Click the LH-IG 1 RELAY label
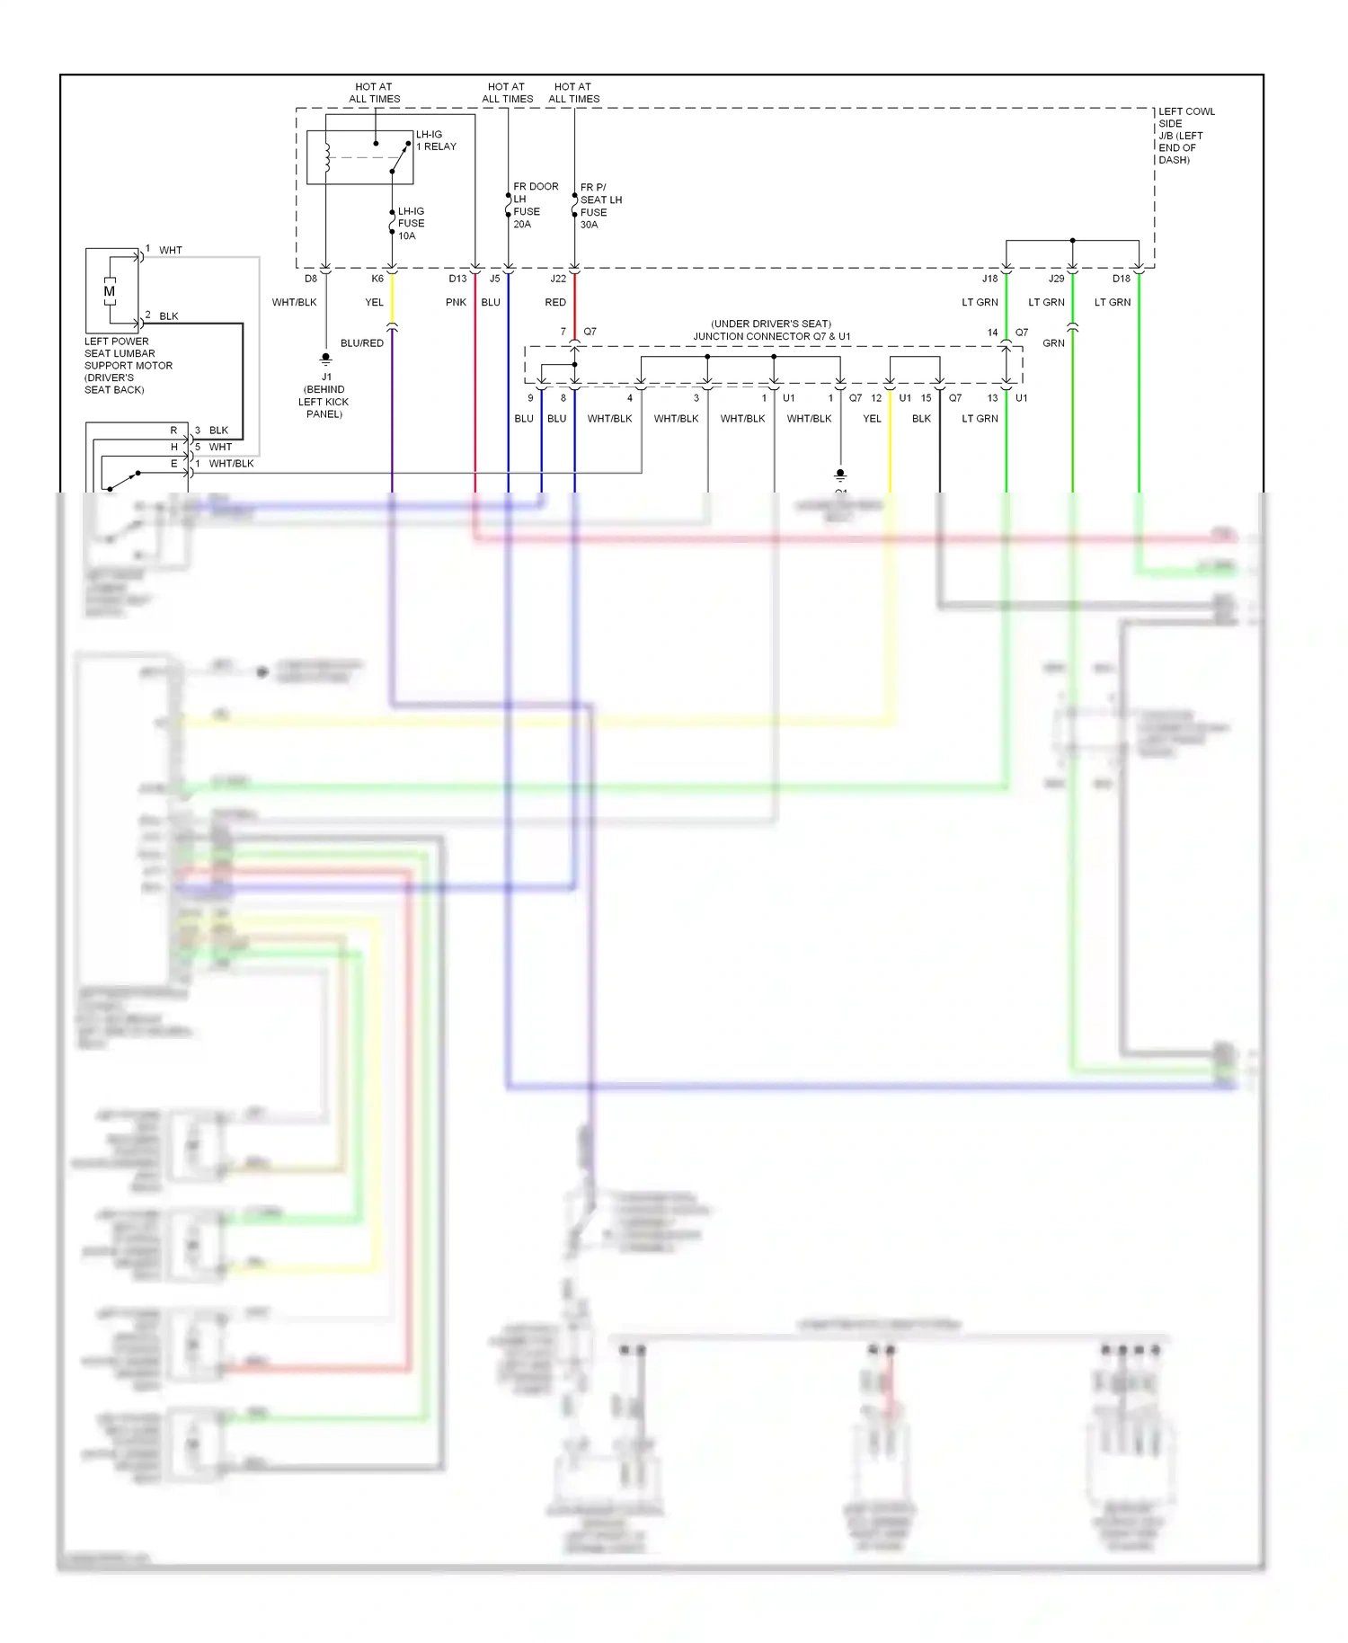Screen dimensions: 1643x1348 click(x=435, y=140)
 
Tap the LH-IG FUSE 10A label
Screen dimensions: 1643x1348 click(x=411, y=224)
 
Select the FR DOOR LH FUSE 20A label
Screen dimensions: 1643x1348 click(x=535, y=205)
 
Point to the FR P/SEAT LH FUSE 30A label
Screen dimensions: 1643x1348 click(x=600, y=206)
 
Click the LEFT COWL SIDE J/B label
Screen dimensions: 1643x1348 click(x=1185, y=136)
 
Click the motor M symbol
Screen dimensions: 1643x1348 click(x=110, y=291)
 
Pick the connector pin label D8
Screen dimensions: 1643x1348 click(x=311, y=279)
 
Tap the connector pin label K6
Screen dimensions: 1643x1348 click(x=377, y=279)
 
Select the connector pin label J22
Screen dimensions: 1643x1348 click(x=558, y=279)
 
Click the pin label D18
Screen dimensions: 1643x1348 click(x=1121, y=279)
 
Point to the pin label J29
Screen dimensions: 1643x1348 click(x=1056, y=279)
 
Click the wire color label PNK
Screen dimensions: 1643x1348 click(x=456, y=302)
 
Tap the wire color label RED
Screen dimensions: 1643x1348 click(x=555, y=302)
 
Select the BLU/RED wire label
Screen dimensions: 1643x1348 click(x=361, y=343)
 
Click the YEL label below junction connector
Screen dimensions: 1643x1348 click(x=872, y=419)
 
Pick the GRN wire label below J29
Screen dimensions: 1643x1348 click(x=1053, y=343)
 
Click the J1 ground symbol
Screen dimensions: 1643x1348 click(x=325, y=359)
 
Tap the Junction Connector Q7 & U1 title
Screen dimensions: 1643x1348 click(x=771, y=330)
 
